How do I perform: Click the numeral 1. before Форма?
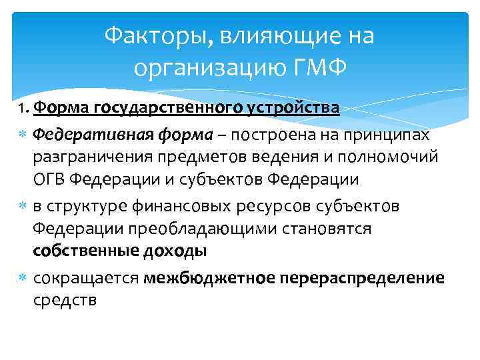23,107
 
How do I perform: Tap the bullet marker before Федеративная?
23,135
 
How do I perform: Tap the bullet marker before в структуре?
23,207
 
